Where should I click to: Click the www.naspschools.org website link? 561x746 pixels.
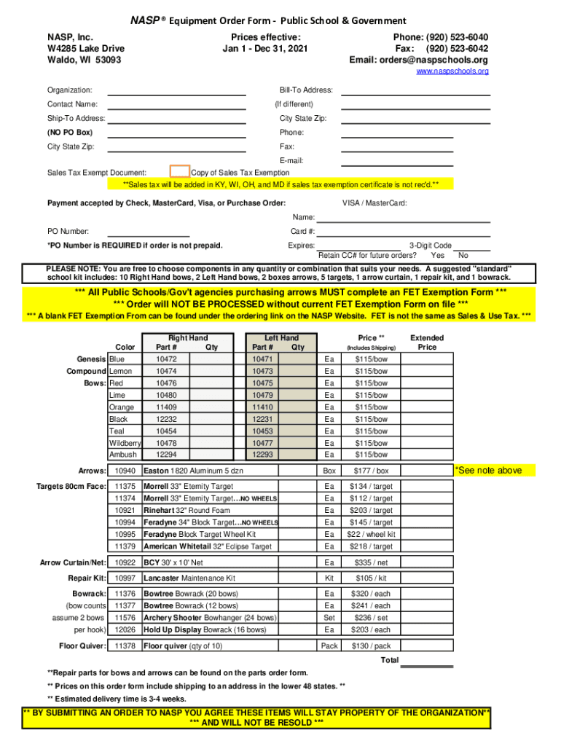coord(452,71)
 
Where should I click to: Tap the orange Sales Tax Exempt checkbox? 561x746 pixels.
coord(179,171)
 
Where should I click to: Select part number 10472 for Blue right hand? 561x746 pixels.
coord(166,359)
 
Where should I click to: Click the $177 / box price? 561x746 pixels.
coord(372,471)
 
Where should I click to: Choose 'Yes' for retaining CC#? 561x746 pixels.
coord(437,256)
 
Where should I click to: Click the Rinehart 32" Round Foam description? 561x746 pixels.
coord(187,511)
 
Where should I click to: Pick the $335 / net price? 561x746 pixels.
coord(372,562)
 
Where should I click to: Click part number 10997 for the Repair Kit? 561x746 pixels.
coord(125,578)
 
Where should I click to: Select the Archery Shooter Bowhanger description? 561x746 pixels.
coord(210,618)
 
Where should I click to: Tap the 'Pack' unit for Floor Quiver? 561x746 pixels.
coord(329,646)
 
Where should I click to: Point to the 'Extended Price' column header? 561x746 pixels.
coord(427,342)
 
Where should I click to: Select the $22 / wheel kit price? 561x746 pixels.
coord(372,535)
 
